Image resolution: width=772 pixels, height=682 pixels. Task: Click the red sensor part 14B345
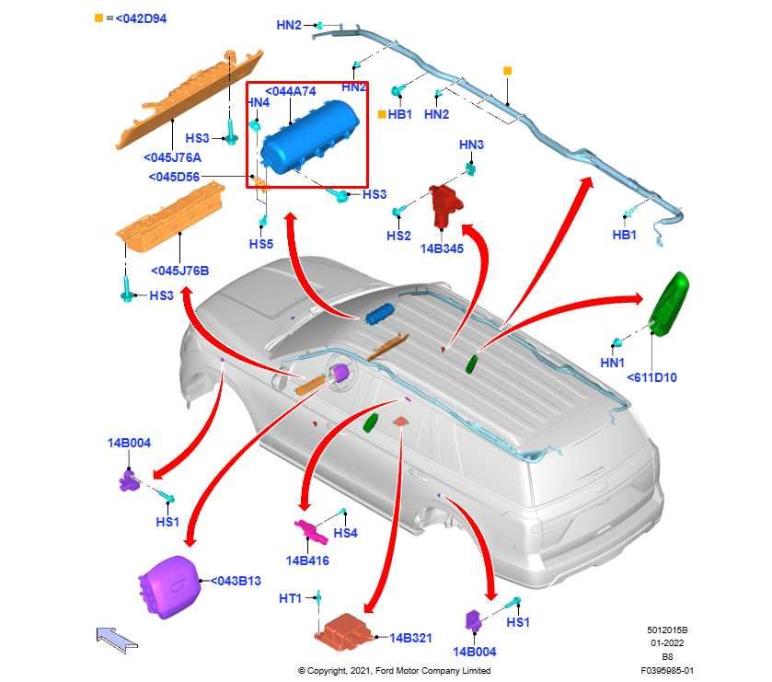pos(444,205)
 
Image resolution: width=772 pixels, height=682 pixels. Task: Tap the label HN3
pos(471,145)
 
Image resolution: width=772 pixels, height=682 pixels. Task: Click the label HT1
pos(290,598)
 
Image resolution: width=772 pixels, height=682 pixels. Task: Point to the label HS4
pos(345,533)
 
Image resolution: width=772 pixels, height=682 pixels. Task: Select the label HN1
pos(612,364)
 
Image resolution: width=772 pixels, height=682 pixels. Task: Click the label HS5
pos(261,244)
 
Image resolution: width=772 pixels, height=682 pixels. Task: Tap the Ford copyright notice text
pos(394,671)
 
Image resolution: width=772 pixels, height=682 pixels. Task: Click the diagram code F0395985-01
pos(667,671)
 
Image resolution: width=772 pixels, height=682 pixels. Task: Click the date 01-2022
pos(667,643)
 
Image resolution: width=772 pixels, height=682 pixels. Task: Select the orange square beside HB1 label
pos(382,114)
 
